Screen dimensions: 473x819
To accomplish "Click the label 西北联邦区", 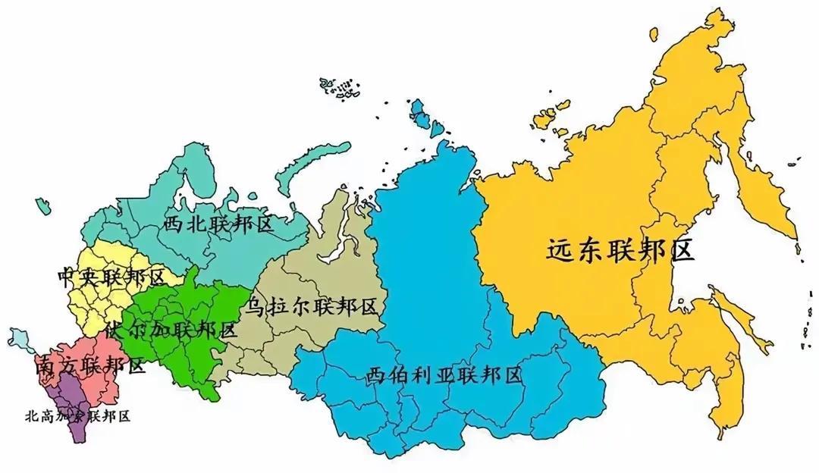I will pyautogui.click(x=218, y=224).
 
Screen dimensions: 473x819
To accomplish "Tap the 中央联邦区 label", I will pyautogui.click(x=111, y=277).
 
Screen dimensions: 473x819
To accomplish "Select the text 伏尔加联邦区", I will pyautogui.click(x=171, y=330).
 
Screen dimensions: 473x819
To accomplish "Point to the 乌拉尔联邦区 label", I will pyautogui.click(x=311, y=307).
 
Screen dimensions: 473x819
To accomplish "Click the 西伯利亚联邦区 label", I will pyautogui.click(x=444, y=374).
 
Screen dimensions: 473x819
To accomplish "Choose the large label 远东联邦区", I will pyautogui.click(x=620, y=251).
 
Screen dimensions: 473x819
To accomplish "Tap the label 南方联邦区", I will pyautogui.click(x=89, y=366).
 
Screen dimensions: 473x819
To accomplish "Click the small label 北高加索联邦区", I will pyautogui.click(x=78, y=416).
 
